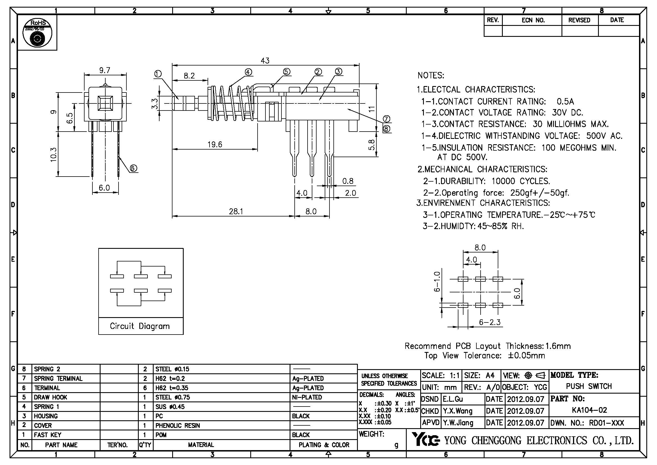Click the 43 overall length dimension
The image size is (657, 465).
click(x=265, y=61)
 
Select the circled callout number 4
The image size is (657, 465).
click(x=248, y=72)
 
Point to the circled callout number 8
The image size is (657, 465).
click(x=387, y=129)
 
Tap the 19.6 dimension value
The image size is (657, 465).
click(x=215, y=145)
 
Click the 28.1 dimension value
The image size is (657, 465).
click(x=236, y=211)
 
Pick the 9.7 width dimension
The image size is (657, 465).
click(x=105, y=71)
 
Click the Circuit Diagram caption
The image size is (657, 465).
click(x=140, y=326)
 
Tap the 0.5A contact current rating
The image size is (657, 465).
click(x=565, y=102)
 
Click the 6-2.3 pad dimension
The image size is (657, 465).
click(x=490, y=322)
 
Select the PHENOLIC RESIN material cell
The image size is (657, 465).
click(x=178, y=425)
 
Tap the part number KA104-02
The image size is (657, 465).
click(x=590, y=410)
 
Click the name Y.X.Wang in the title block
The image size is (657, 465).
click(x=458, y=411)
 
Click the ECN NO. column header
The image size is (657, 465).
click(x=533, y=20)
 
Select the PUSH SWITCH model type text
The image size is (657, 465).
click(x=589, y=386)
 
